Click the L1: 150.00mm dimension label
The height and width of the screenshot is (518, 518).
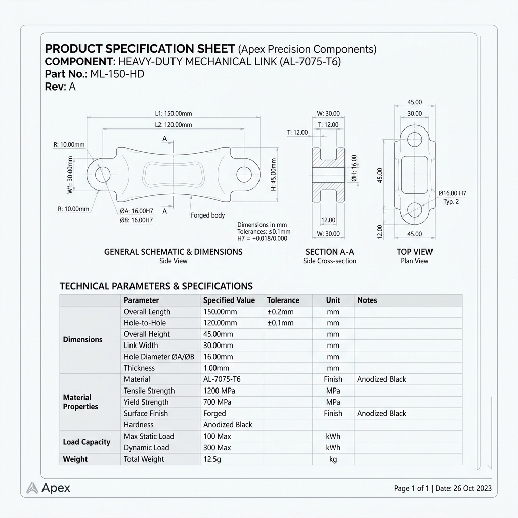pos(174,114)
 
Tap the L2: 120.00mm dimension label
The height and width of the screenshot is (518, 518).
pos(174,125)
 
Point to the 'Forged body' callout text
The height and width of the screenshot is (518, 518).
pos(208,215)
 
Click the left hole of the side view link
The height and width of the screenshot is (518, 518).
pos(102,175)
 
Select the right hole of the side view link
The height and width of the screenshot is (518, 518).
pos(244,175)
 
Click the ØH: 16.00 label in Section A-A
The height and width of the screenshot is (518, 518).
pos(354,168)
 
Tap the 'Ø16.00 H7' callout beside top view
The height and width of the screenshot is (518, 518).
pos(452,193)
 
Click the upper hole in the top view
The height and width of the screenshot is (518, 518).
pos(414,139)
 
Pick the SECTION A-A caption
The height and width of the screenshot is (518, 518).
pos(329,252)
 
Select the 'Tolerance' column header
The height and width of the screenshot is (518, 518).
pos(283,300)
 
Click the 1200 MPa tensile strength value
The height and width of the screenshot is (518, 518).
pos(219,391)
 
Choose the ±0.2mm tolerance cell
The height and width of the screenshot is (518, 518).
pos(280,312)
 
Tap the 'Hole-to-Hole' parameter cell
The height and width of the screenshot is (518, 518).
pos(145,323)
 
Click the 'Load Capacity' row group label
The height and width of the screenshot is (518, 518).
pos(87,442)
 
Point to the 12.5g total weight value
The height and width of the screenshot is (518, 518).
pos(212,459)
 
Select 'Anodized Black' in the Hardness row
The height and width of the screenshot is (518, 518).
pos(228,425)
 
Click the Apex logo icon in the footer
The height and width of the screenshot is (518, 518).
pos(32,488)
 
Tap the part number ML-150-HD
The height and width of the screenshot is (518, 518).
pos(117,74)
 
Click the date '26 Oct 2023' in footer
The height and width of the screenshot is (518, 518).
pos(472,488)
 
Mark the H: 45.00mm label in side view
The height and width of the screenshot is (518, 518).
pos(274,175)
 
